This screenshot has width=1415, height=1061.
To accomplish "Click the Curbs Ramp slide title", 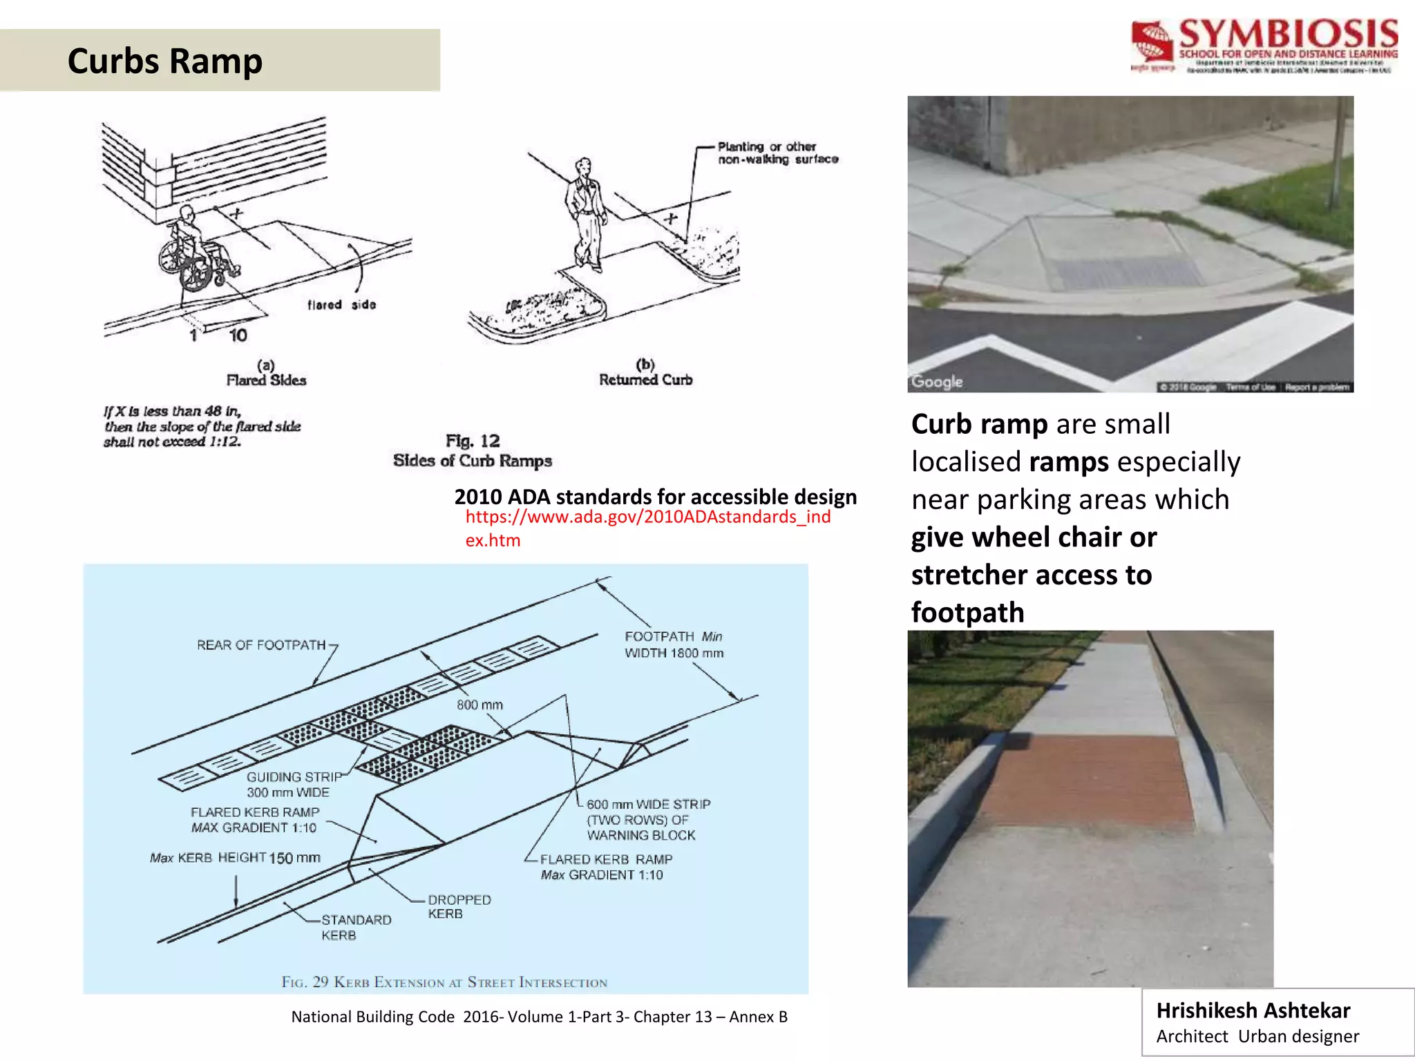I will tap(164, 61).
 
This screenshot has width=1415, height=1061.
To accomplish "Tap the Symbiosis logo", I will tap(1264, 47).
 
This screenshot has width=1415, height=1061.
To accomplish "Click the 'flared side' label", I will tap(341, 305).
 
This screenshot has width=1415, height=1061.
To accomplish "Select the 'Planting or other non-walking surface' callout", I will tap(777, 153).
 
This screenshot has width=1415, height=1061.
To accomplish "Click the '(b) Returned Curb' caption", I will tap(645, 373).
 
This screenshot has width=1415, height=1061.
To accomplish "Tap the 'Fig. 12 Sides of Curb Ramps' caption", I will tap(473, 451).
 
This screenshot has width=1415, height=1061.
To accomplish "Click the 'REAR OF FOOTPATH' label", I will tap(260, 645).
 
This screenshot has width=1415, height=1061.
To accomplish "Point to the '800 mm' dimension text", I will tap(479, 705).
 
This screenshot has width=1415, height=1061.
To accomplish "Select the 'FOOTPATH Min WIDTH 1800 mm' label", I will tap(674, 644).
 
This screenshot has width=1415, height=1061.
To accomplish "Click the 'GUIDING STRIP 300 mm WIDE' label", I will tap(292, 785).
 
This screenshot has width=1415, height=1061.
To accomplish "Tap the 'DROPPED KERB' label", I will tap(459, 906).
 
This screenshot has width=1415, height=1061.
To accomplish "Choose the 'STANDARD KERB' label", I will tap(355, 927).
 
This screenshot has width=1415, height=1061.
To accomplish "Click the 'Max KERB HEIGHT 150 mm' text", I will tap(235, 858).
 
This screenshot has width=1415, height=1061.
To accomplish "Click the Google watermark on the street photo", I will tap(937, 381).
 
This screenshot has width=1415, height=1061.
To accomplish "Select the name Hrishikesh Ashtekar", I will tap(1253, 1011).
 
